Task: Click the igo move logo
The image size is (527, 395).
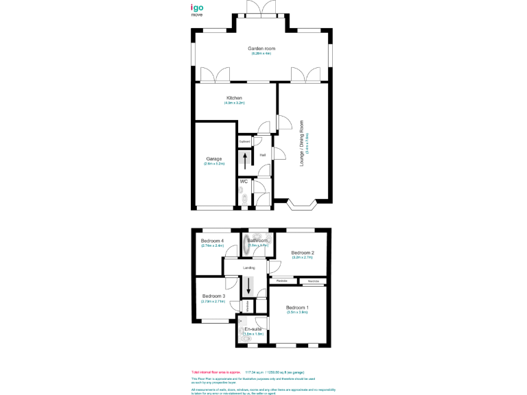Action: [197, 10]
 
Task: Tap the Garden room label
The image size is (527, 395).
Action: [261, 49]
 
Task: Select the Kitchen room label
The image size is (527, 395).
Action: [234, 98]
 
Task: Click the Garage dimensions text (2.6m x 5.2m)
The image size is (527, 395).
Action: [215, 164]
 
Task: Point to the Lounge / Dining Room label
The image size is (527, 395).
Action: [301, 143]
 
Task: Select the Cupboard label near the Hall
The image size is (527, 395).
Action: [244, 142]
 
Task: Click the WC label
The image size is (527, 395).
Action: [244, 181]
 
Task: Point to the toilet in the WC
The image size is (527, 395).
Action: [244, 199]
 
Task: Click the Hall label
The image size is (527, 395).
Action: [262, 155]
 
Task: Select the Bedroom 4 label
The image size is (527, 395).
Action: [212, 241]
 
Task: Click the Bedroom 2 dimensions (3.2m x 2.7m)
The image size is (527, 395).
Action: [303, 259]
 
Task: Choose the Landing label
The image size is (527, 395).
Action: [249, 267]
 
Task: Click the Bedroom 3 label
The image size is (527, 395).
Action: [213, 296]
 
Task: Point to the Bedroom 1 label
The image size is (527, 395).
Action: [297, 307]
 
